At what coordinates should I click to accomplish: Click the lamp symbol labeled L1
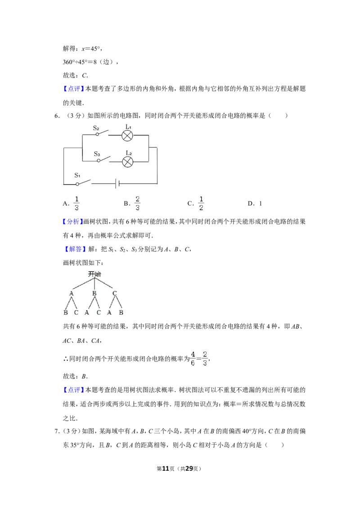pos(127,136)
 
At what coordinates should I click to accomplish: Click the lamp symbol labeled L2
pos(127,161)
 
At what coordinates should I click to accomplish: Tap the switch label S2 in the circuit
pos(96,128)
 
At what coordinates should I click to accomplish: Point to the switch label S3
pos(97,154)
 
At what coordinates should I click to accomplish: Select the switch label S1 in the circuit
pos(77,175)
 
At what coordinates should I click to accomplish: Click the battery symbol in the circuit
pos(117,184)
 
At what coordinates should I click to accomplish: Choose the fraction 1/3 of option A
pos(76,204)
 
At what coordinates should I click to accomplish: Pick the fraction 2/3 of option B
pos(137,204)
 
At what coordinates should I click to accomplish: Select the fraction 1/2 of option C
pos(201,204)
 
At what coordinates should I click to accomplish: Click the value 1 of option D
pos(261,204)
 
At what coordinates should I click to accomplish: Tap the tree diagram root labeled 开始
pos(94,274)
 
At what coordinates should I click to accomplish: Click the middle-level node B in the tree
pos(94,293)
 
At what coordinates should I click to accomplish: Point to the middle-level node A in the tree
pos(72,293)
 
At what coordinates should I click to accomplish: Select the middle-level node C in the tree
pos(114,293)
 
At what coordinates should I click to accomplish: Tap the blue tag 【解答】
pos(73,249)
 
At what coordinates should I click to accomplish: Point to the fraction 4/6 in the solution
pos(193,358)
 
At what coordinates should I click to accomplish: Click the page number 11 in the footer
pos(166,469)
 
